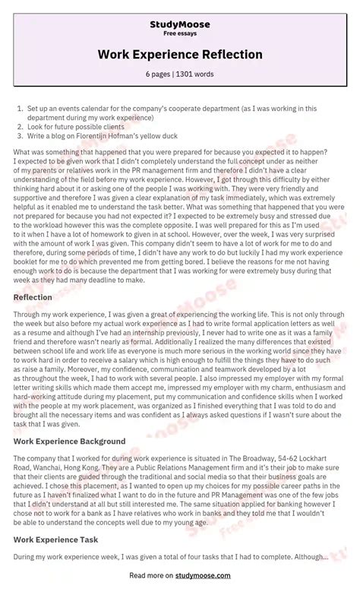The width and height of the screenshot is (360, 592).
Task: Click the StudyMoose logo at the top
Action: [180, 24]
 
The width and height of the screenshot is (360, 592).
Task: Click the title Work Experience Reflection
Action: [180, 55]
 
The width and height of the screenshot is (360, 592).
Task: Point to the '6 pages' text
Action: [158, 74]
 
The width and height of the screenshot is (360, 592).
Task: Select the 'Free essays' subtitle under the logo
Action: [180, 34]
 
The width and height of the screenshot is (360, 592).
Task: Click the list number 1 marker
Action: [20, 109]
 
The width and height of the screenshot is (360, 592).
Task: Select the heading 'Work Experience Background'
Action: [69, 441]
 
